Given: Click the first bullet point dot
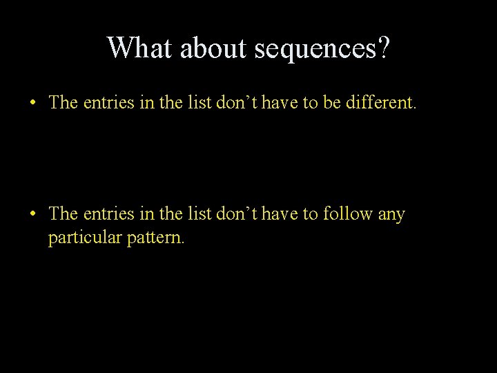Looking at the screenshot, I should pyautogui.click(x=33, y=104).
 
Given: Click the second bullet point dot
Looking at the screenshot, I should pyautogui.click(x=33, y=215).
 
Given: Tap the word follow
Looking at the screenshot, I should pyautogui.click(x=348, y=214).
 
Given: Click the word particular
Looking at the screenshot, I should pyautogui.click(x=86, y=240).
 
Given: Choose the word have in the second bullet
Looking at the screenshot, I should pyautogui.click(x=273, y=214).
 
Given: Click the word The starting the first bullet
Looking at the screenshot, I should pyautogui.click(x=64, y=103).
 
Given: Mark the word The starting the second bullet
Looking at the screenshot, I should pyautogui.click(x=64, y=214).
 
